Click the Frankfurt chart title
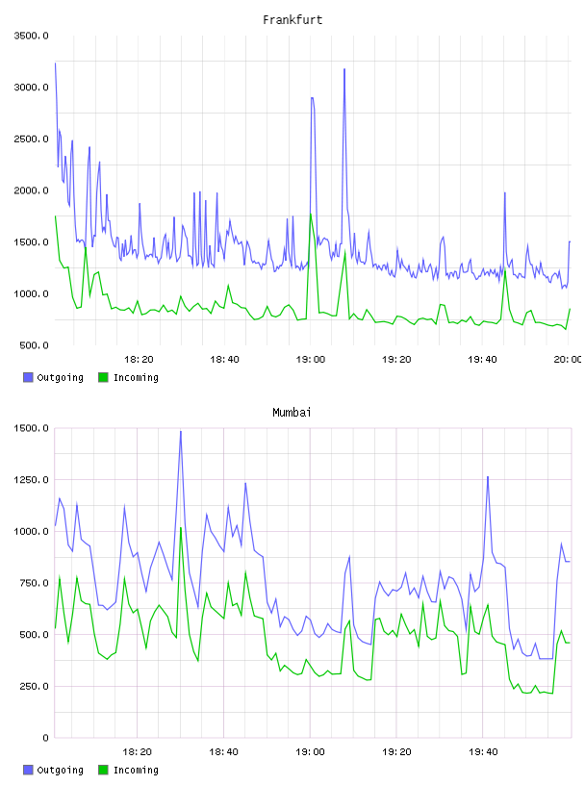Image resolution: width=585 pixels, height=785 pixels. [x=292, y=20]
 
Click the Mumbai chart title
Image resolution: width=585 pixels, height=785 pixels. [x=292, y=413]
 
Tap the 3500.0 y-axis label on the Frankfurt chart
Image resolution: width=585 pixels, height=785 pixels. [x=32, y=36]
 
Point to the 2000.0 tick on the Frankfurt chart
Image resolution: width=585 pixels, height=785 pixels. [x=32, y=190]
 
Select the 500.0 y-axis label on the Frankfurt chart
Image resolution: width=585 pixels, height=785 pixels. [x=34, y=345]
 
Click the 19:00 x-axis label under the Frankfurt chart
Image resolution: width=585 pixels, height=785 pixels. [x=311, y=359]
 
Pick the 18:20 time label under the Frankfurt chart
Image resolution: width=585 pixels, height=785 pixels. [x=139, y=359]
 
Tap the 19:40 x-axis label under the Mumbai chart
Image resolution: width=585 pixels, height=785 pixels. [x=483, y=751]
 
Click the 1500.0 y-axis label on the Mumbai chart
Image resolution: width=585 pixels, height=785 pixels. [x=32, y=428]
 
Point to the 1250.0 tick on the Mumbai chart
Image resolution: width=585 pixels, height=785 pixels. [x=32, y=480]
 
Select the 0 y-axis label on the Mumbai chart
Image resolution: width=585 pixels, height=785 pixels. [x=45, y=738]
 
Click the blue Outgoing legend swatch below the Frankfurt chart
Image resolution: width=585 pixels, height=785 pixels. [x=28, y=377]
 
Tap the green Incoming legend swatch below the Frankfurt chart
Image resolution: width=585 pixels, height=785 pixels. [x=103, y=377]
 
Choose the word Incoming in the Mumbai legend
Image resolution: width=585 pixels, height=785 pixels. [x=136, y=770]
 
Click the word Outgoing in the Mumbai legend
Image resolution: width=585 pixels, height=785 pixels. [x=60, y=770]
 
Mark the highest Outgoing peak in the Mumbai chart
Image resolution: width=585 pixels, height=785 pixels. [x=181, y=431]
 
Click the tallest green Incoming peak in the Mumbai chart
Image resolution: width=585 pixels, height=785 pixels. [x=181, y=527]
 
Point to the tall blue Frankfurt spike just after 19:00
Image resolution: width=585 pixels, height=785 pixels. [x=344, y=69]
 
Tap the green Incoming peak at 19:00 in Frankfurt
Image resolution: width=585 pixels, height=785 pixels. [x=311, y=215]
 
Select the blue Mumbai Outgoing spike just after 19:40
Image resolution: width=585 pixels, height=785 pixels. [x=488, y=477]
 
